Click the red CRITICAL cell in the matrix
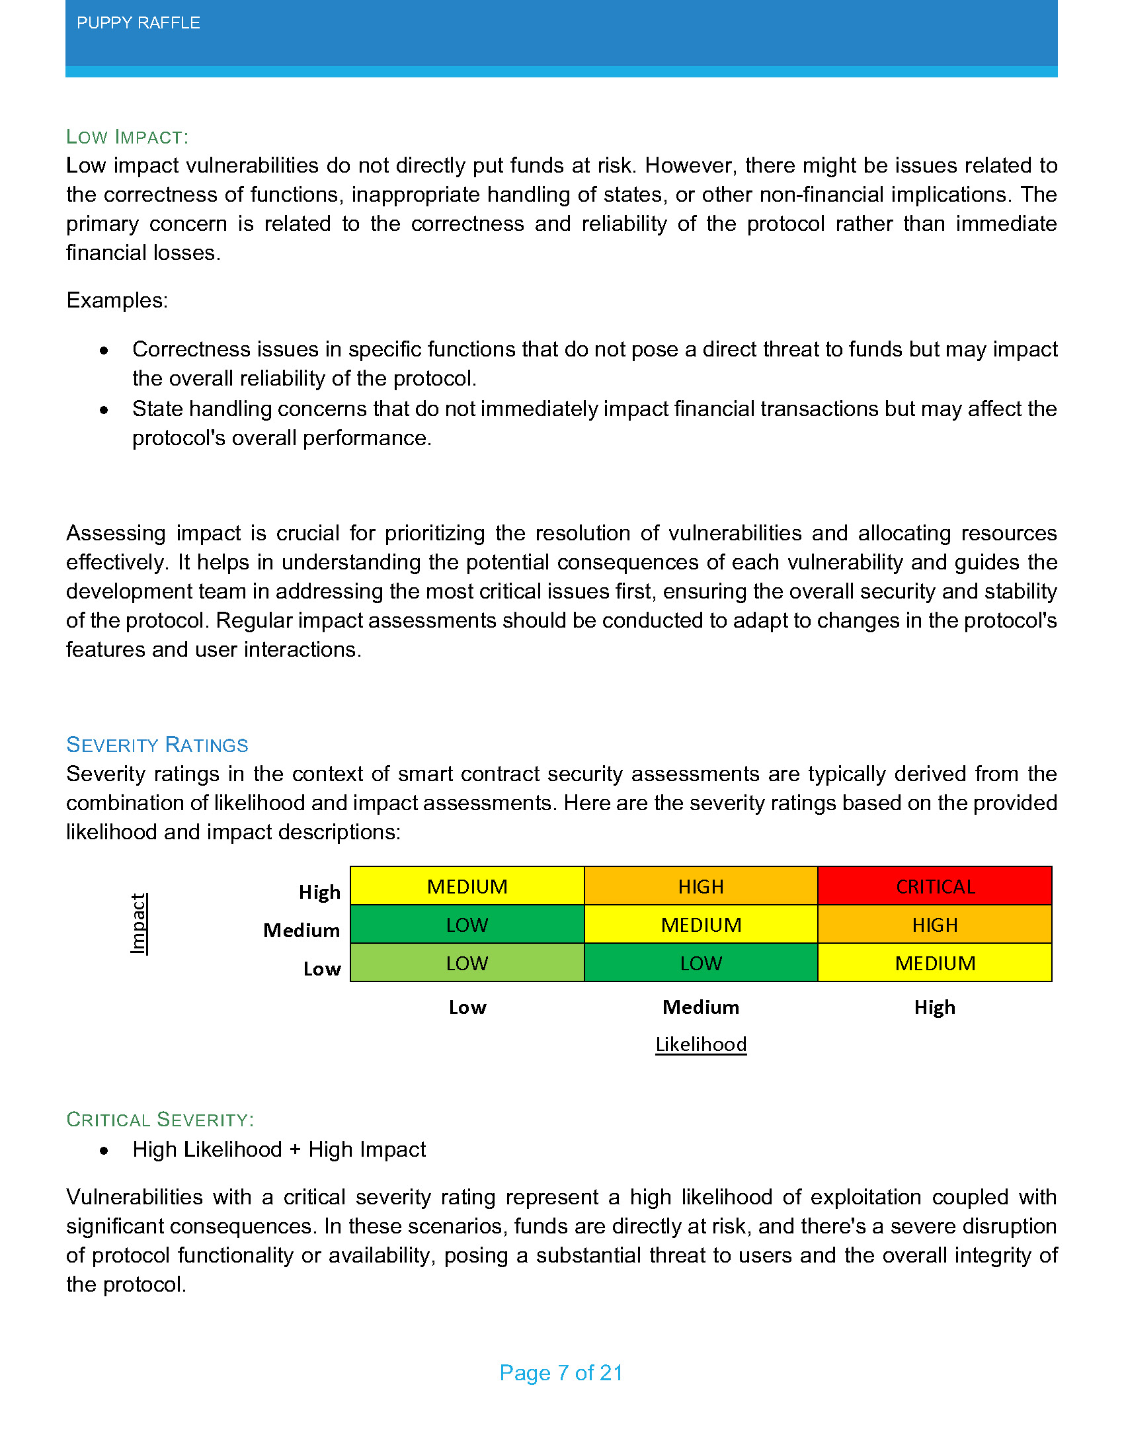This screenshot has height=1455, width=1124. click(934, 886)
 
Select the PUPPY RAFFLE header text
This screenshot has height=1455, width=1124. click(138, 23)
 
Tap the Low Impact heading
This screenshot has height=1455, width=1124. click(127, 138)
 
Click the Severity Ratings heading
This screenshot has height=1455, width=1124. click(157, 745)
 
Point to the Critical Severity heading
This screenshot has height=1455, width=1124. click(160, 1119)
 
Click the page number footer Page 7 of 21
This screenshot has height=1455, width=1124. click(561, 1372)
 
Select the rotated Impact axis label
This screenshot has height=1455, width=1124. click(138, 924)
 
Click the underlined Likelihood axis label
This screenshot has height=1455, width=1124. click(700, 1044)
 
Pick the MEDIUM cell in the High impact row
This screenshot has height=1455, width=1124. click(467, 886)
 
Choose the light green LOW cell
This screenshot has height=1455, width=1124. click(467, 963)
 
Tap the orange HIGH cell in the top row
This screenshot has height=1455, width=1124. click(700, 886)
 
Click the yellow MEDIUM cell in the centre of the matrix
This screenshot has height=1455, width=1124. click(700, 925)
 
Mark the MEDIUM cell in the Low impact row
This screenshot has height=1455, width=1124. click(934, 963)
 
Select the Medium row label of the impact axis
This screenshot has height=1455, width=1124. click(301, 930)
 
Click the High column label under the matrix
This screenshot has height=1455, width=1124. click(934, 1007)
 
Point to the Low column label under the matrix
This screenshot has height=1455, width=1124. click(467, 1007)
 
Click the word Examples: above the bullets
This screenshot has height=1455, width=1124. click(117, 300)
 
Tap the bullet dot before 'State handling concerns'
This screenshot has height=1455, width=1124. click(104, 410)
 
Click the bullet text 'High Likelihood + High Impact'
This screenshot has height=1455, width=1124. click(279, 1149)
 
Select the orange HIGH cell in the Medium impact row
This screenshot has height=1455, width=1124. click(934, 925)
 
